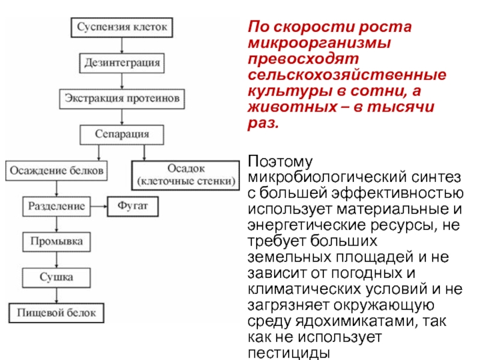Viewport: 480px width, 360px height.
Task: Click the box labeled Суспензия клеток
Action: point(122,28)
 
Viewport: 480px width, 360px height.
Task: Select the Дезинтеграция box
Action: point(122,62)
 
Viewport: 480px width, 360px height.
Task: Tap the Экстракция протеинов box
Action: point(122,97)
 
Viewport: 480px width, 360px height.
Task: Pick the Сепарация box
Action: point(122,133)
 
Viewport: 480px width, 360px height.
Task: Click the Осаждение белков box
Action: point(56,170)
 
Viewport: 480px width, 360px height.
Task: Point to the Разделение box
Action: point(56,207)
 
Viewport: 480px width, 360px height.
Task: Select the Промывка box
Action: point(56,242)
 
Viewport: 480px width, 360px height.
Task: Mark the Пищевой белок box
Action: point(56,313)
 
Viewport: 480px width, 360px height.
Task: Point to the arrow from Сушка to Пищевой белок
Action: point(56,295)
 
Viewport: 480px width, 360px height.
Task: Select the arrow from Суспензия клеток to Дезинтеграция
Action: point(122,45)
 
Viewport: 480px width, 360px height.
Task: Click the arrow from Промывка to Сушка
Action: point(56,259)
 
